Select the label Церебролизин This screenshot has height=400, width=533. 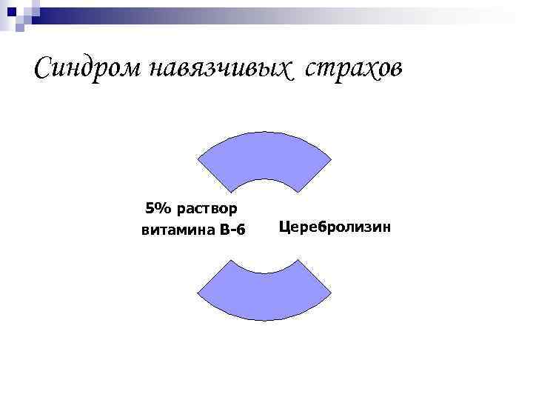click(335, 226)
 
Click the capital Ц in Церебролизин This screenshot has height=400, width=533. click(285, 226)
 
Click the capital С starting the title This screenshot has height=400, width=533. click(44, 70)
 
